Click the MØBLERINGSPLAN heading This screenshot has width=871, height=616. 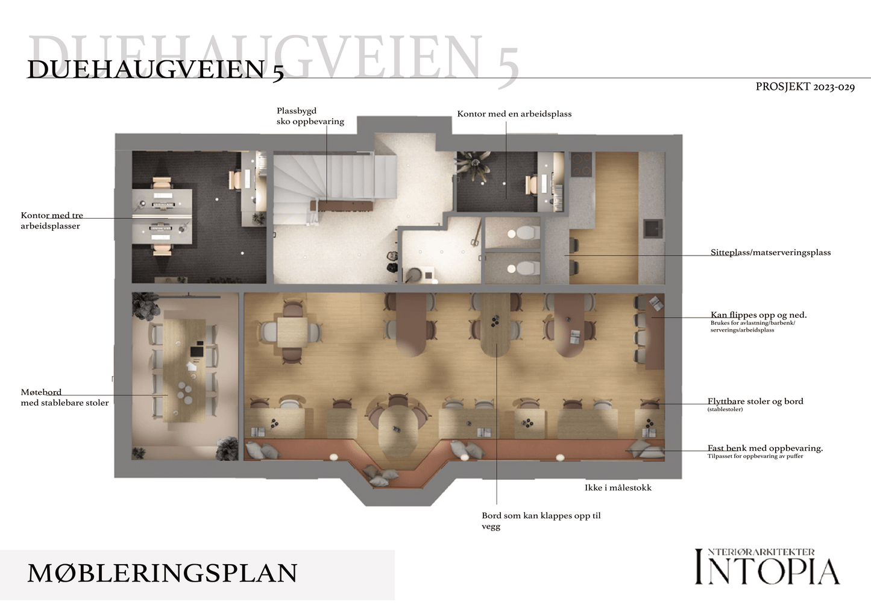click(x=162, y=573)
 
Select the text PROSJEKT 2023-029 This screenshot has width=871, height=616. click(x=805, y=87)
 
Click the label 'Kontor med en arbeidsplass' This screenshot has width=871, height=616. click(x=514, y=114)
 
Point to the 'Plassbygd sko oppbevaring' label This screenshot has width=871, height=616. click(x=310, y=116)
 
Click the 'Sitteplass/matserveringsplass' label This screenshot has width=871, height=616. click(x=771, y=253)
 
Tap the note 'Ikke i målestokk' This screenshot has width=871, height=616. click(x=618, y=488)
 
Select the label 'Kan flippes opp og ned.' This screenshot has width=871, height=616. click(x=759, y=315)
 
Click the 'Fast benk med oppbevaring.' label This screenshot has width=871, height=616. click(x=766, y=448)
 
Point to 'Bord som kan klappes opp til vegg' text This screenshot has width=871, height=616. click(x=541, y=521)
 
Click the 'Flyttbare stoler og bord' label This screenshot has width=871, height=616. click(x=755, y=401)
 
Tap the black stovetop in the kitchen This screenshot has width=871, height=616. click(x=581, y=164)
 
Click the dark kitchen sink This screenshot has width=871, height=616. click(x=653, y=228)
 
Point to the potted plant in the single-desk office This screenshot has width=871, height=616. click(x=476, y=163)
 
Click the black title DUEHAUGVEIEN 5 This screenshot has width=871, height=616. click(x=156, y=70)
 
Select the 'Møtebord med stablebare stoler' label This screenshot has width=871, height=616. click(x=64, y=397)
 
